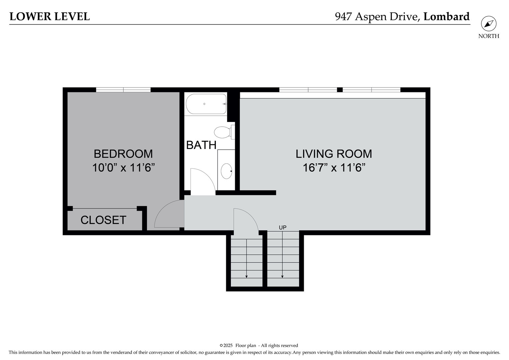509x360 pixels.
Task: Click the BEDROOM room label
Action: (x=123, y=154)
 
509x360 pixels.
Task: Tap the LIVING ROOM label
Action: (x=334, y=154)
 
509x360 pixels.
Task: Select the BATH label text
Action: (x=201, y=145)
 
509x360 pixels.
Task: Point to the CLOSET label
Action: (x=103, y=220)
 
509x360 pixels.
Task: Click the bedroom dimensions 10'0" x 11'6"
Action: (x=123, y=168)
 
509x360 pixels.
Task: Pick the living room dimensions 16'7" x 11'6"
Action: (x=334, y=168)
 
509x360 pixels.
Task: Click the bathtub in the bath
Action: (x=206, y=104)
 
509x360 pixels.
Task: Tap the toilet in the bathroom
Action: (x=224, y=132)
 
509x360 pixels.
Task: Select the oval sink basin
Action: (x=227, y=171)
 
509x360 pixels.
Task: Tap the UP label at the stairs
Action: (x=283, y=227)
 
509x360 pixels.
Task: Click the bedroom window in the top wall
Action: (x=123, y=90)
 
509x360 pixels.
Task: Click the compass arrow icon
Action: (x=489, y=24)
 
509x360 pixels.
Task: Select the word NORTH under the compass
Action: (x=489, y=36)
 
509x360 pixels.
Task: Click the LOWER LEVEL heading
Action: (x=50, y=17)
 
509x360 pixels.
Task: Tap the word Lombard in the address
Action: (x=446, y=17)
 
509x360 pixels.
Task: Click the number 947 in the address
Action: (x=343, y=17)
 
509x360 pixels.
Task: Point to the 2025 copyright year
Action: (x=228, y=345)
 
